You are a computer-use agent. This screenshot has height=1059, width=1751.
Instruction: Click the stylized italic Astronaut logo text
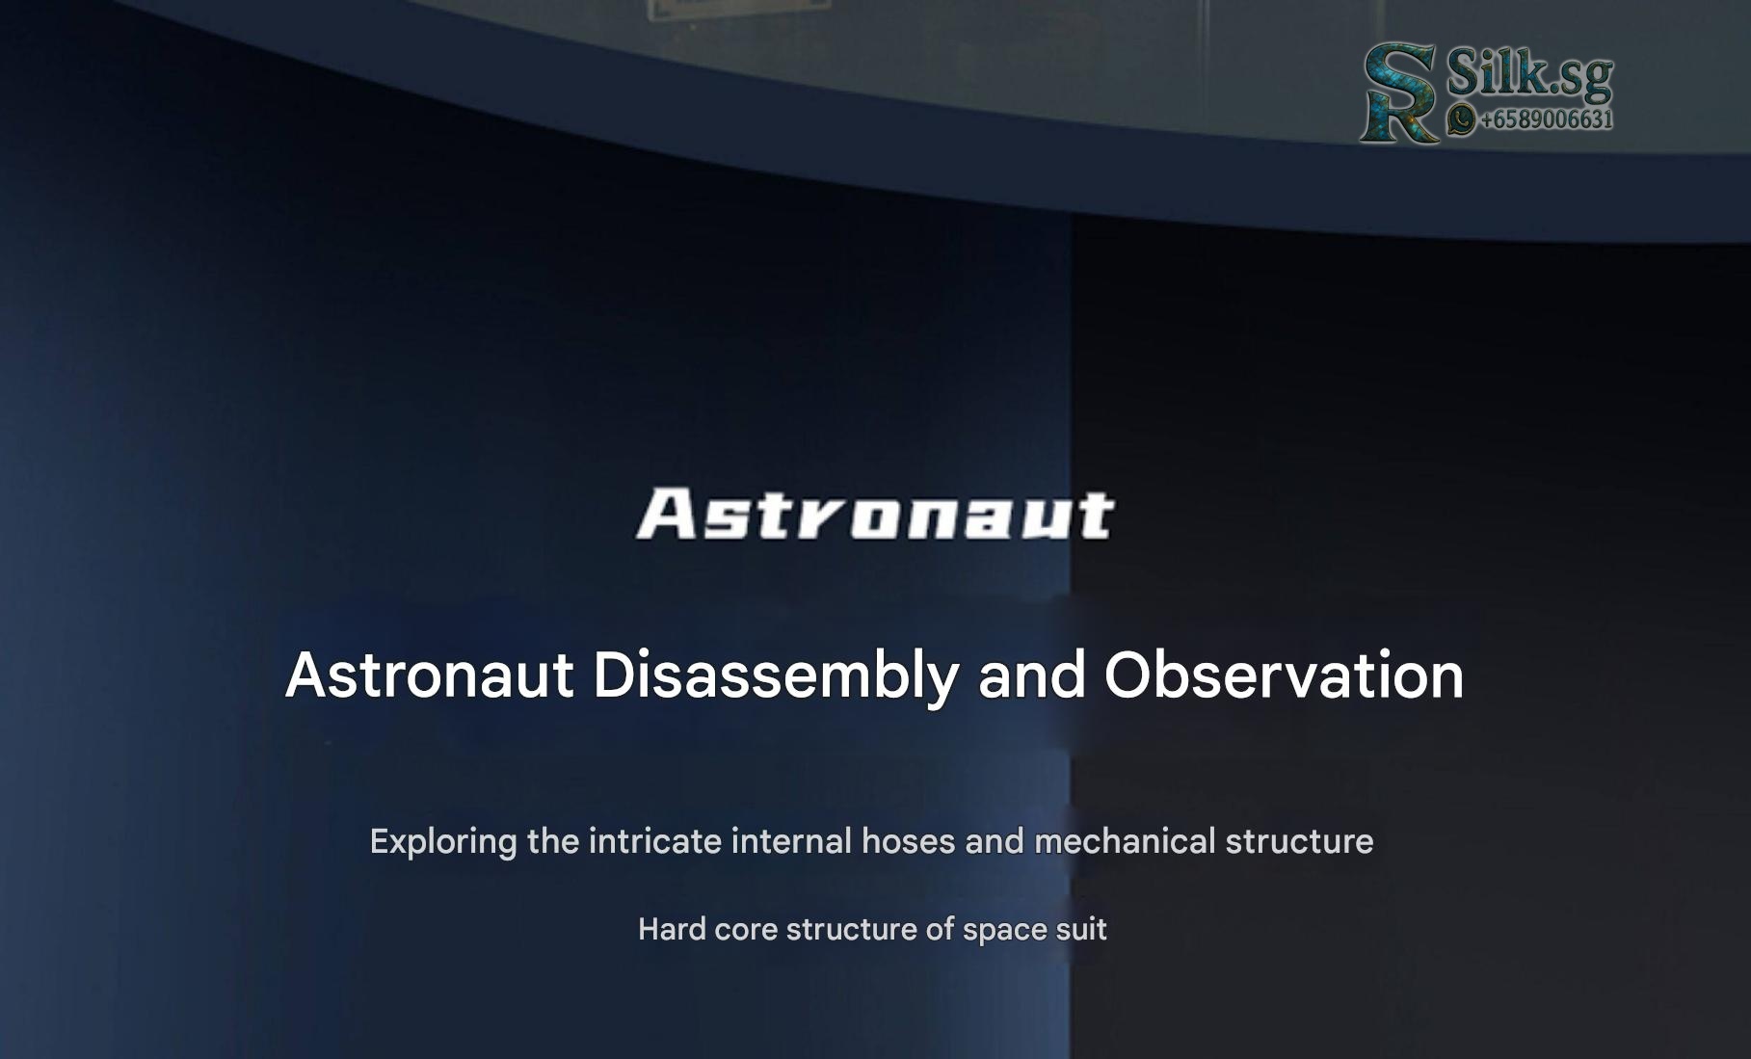tap(875, 514)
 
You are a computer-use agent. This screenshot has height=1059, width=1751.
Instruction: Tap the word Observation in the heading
tap(1284, 675)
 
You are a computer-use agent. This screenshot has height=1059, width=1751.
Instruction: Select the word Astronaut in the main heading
tap(430, 675)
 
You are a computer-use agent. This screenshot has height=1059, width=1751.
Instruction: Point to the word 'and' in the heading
tap(1031, 675)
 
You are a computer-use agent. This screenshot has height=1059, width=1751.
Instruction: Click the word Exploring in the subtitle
tap(443, 842)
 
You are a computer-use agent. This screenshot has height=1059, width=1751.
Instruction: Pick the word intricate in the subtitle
tap(654, 841)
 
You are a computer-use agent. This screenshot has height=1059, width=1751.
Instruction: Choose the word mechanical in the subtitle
tap(1125, 841)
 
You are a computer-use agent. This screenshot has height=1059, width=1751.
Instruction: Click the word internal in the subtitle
tap(791, 841)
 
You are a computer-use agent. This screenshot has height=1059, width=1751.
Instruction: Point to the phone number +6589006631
tap(1546, 119)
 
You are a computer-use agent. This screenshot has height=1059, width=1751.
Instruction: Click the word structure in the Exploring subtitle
tap(1299, 841)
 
